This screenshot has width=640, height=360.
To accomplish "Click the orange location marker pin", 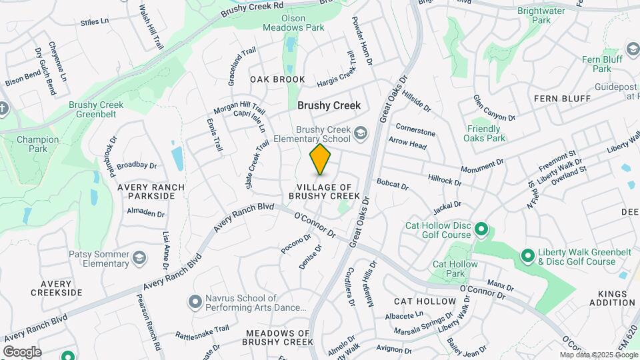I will pyautogui.click(x=321, y=159).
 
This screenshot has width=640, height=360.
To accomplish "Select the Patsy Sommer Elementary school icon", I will pyautogui.click(x=139, y=257).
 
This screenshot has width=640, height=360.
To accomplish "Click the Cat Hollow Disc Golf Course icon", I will pyautogui.click(x=481, y=231).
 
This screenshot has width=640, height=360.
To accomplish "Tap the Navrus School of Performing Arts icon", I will pyautogui.click(x=195, y=303).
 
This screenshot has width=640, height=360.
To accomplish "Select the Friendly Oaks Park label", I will pyautogui.click(x=484, y=133).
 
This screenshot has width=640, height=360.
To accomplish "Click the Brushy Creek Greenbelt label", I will pyautogui.click(x=96, y=109).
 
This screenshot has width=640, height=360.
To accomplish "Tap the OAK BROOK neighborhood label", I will pyautogui.click(x=277, y=79).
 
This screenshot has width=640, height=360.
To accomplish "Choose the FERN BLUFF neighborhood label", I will pyautogui.click(x=562, y=99).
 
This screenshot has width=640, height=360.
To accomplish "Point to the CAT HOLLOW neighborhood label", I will pyautogui.click(x=425, y=301).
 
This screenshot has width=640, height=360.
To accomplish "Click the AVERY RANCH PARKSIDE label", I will pyautogui.click(x=146, y=191).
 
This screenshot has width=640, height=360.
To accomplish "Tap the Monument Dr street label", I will pyautogui.click(x=481, y=164).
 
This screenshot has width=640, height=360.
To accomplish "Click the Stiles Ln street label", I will pyautogui.click(x=94, y=22).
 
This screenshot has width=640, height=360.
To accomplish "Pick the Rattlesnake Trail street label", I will pyautogui.click(x=202, y=329).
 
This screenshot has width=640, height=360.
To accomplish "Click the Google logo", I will pyautogui.click(x=21, y=351).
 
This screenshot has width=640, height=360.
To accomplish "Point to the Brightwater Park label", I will pyautogui.click(x=541, y=16).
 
